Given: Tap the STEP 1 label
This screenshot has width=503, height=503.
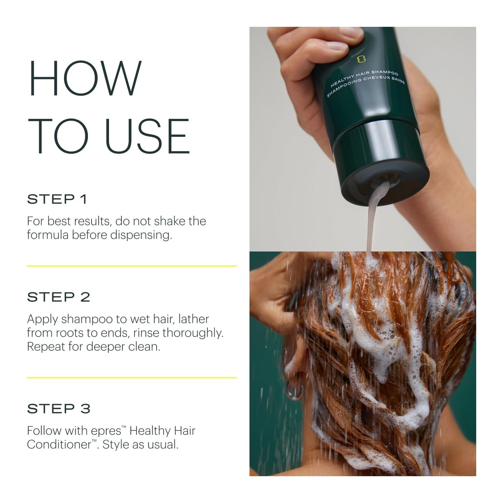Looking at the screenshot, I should tap(57, 199).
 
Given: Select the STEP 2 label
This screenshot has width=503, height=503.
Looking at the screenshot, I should tap(58, 297).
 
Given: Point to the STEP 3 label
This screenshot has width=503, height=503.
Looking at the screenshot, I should tap(58, 409).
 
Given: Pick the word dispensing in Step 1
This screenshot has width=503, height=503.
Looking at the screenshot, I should tap(141, 235).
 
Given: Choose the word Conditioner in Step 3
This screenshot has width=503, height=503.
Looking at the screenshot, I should tap(59, 445).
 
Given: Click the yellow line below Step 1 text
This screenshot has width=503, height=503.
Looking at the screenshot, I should tap(132, 266).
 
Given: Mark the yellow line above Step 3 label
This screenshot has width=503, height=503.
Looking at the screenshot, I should tap(132, 378).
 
